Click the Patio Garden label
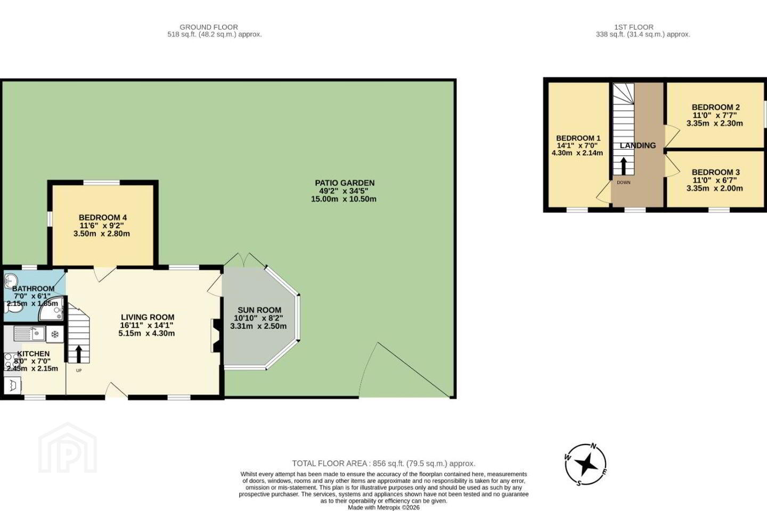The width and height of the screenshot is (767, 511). tap(345, 183)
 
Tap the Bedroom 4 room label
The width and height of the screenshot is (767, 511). tap(103, 217)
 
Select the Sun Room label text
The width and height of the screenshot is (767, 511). tap(259, 310)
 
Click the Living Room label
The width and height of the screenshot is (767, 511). tap(148, 317)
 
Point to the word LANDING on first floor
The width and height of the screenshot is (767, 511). tap(638, 145)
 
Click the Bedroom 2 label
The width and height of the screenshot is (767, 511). tap(716, 107)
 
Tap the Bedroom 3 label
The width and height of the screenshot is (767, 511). tap(716, 172)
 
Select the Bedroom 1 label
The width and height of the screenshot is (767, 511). tap(578, 138)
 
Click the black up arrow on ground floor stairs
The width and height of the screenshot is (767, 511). tap(78, 354)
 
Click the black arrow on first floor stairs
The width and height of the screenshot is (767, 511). tap(624, 166)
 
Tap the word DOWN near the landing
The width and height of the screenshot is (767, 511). tap(624, 183)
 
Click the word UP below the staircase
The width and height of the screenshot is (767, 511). tap(79, 370)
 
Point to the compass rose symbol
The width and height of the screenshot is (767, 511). tap(586, 465)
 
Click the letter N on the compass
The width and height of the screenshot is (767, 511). tap(594, 446)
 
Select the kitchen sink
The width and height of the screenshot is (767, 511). tap(29, 333)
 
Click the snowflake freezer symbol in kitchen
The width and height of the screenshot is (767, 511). tap(55, 334)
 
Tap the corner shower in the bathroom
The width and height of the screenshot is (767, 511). tap(51, 309)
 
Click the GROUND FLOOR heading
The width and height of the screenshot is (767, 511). tap(209, 27)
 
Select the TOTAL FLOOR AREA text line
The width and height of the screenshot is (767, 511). tap(383, 464)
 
